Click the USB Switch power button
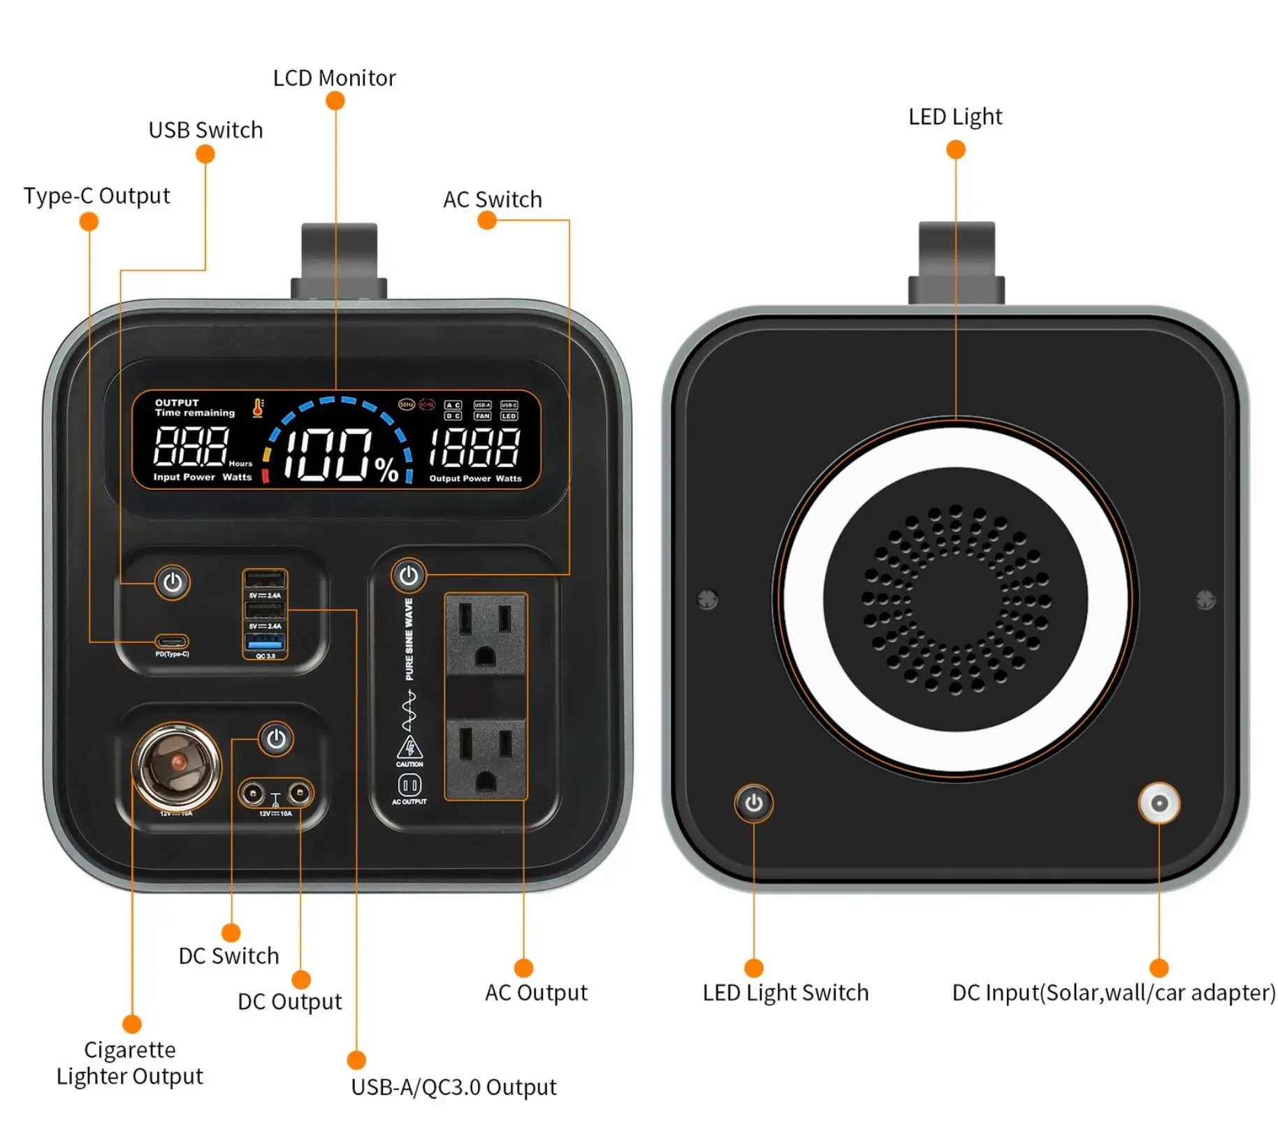(x=173, y=582)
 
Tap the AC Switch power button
(x=409, y=575)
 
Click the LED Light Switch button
(x=753, y=803)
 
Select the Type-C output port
(x=172, y=641)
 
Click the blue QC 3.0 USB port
(x=266, y=642)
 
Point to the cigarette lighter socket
(x=177, y=766)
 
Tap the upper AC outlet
(x=486, y=634)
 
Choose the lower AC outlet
(x=486, y=759)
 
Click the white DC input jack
(x=1159, y=803)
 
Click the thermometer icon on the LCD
(x=258, y=407)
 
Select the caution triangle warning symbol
(x=409, y=747)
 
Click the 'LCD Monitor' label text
(x=334, y=78)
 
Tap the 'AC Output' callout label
(x=536, y=992)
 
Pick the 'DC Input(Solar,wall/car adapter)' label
(x=1114, y=992)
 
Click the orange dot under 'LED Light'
(x=955, y=150)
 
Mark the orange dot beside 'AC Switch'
(x=487, y=220)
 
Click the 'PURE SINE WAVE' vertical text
(x=409, y=639)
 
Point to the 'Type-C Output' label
(x=97, y=196)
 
